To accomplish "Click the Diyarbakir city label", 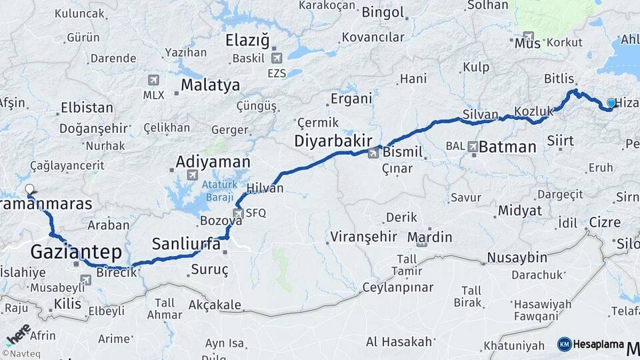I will click(329, 141).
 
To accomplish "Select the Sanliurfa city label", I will click(186, 244).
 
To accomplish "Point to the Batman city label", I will click(507, 147).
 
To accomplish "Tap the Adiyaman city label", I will click(213, 162).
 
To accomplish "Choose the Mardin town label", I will click(429, 237).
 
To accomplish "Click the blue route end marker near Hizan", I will click(611, 103).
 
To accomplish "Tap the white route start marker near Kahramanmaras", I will click(29, 189).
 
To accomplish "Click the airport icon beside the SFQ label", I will click(238, 213).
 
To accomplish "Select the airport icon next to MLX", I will click(154, 81).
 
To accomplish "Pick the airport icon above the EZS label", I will click(277, 58).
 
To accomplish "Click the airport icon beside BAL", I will click(473, 146).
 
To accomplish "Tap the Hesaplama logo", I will click(591, 344).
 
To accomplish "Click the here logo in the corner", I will click(18, 335).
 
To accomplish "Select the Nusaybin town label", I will click(517, 257).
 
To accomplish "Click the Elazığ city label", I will click(247, 40).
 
